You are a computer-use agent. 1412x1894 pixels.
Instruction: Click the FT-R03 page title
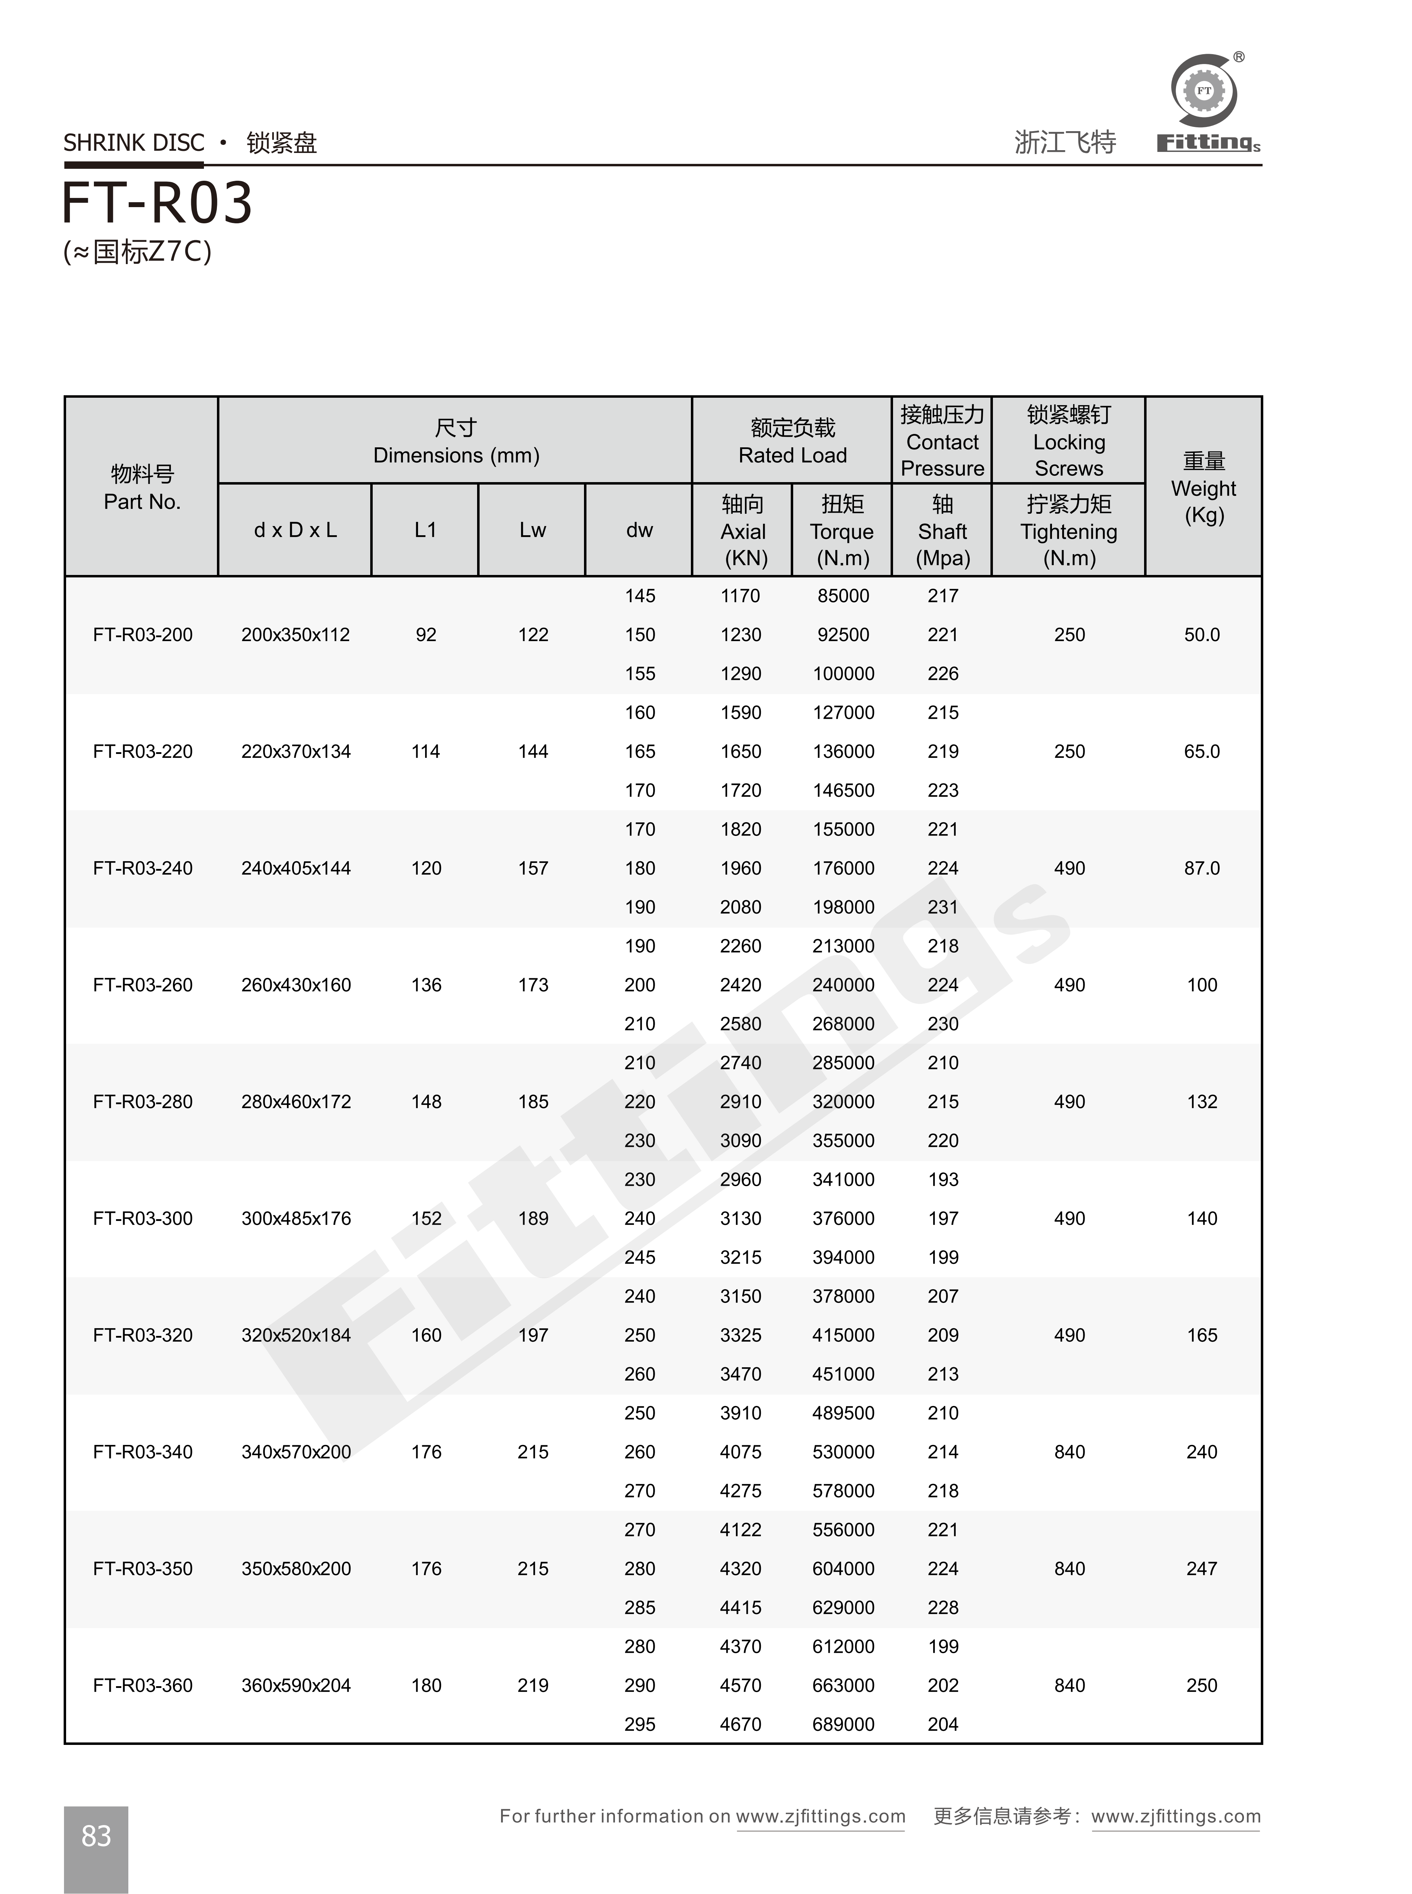click(x=157, y=203)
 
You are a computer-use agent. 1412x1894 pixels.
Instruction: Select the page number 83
click(x=96, y=1835)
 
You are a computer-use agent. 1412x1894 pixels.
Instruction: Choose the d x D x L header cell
click(x=295, y=530)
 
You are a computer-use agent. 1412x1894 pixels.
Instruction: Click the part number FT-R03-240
click(x=143, y=868)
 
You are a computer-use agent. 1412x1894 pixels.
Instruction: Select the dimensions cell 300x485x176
click(x=296, y=1219)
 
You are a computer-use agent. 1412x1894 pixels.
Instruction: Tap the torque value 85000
click(x=843, y=596)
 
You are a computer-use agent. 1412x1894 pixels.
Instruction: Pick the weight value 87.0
click(x=1202, y=868)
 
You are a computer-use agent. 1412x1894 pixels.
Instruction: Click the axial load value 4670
click(x=740, y=1724)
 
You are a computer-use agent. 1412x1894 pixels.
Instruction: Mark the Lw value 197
click(x=533, y=1335)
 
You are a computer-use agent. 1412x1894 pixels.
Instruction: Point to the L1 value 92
click(x=426, y=635)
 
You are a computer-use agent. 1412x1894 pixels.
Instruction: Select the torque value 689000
click(x=843, y=1724)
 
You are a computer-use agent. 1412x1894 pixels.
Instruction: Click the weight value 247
click(x=1202, y=1568)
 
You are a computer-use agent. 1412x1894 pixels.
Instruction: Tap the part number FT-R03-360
click(x=143, y=1685)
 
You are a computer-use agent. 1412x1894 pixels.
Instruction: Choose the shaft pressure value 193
click(x=943, y=1179)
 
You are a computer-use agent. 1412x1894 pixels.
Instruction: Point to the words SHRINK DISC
click(x=134, y=143)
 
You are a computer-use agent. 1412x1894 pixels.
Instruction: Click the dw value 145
click(x=639, y=596)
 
